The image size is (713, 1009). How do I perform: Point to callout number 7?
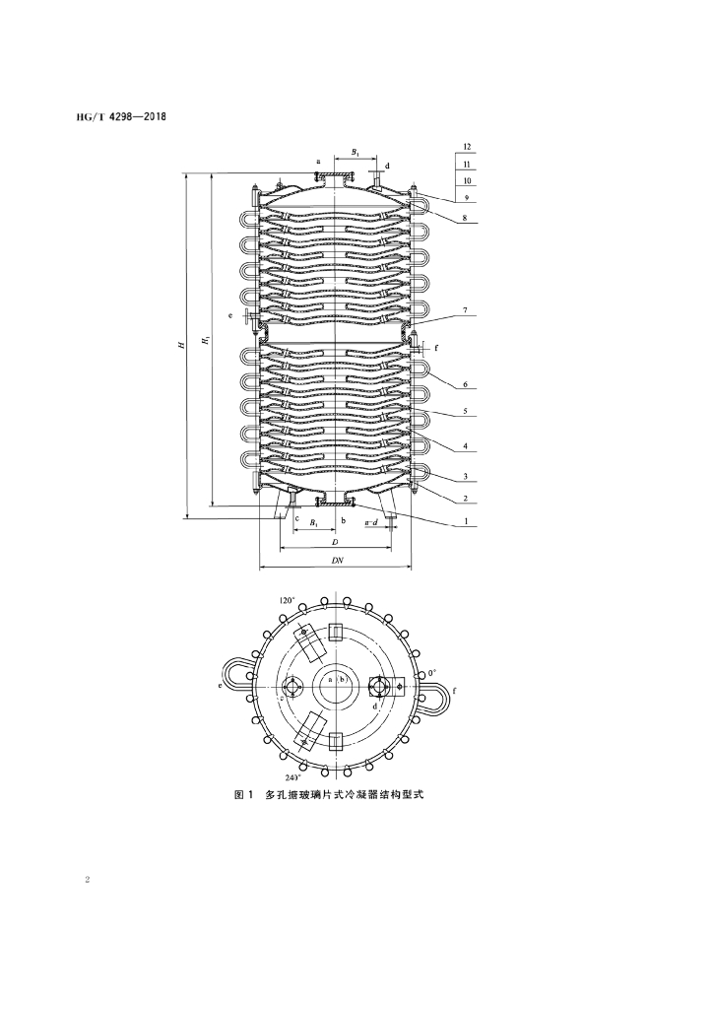[x=466, y=310]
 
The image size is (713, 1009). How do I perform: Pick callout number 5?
[x=466, y=410]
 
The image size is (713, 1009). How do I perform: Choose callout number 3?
[x=466, y=477]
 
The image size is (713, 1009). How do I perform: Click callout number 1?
[x=466, y=521]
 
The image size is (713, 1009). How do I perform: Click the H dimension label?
[x=182, y=346]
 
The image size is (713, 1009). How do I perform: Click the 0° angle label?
[x=432, y=673]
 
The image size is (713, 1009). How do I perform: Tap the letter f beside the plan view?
[x=455, y=691]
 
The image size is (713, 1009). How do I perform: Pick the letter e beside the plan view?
[x=221, y=687]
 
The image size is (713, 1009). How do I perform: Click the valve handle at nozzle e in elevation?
[x=246, y=316]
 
